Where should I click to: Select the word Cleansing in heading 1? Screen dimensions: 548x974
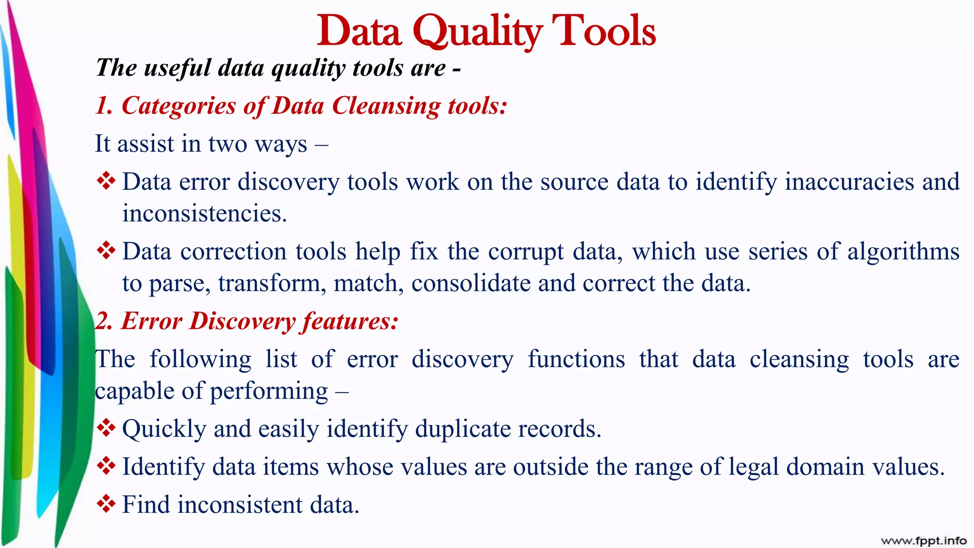(x=386, y=106)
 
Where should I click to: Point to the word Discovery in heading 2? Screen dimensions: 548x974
(x=242, y=321)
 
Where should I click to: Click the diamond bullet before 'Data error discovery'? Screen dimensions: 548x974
(x=106, y=181)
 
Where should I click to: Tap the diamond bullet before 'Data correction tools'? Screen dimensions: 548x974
(x=106, y=251)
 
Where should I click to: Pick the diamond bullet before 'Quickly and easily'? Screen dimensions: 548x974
(x=106, y=428)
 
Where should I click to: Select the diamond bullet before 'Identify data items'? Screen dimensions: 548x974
(x=106, y=466)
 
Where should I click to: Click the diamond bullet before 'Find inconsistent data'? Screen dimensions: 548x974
(x=106, y=504)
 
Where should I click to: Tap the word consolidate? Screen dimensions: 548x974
(x=470, y=283)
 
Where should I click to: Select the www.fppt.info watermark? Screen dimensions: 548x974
(x=923, y=540)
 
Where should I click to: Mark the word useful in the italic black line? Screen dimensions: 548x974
(x=177, y=68)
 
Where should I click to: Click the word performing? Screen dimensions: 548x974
(x=269, y=391)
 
